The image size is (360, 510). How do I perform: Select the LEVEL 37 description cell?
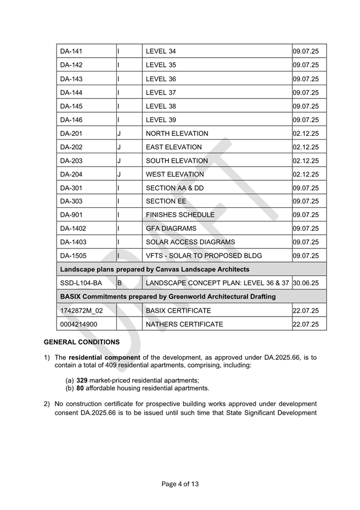click(x=161, y=92)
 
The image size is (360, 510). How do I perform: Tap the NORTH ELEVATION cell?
click(x=177, y=134)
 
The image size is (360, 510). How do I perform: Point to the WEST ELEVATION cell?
click(x=175, y=174)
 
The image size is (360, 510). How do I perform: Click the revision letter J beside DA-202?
click(x=119, y=147)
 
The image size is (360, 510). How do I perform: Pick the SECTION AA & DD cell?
click(x=175, y=188)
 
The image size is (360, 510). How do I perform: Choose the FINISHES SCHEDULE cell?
click(x=180, y=215)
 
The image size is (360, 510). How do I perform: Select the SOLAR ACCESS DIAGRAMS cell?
click(x=190, y=242)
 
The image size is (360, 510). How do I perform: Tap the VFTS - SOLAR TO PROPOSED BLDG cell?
click(x=204, y=256)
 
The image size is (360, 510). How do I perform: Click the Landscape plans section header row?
click(x=155, y=269)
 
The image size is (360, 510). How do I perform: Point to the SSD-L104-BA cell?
click(x=81, y=283)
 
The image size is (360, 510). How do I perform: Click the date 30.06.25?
click(x=306, y=283)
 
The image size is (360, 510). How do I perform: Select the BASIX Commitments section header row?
click(x=168, y=297)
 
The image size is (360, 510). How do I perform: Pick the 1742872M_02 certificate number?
click(x=81, y=311)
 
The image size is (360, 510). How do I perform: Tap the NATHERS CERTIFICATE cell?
click(x=184, y=324)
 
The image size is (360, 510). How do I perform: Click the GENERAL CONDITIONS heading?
click(x=82, y=342)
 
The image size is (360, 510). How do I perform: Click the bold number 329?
click(x=82, y=380)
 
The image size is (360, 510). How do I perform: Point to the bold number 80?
click(x=80, y=388)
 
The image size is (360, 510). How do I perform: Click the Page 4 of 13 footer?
click(x=180, y=484)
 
